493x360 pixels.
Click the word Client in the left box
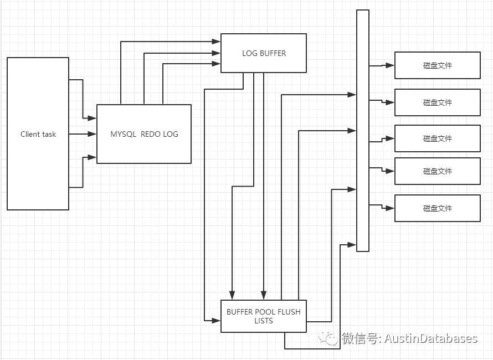(x=30, y=134)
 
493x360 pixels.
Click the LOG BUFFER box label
(x=264, y=54)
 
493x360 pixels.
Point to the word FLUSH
(x=288, y=312)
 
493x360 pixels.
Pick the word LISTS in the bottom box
(x=263, y=321)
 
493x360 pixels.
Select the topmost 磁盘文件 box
(x=437, y=65)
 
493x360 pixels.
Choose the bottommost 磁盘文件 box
(x=437, y=208)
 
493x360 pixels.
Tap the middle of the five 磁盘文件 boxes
(x=437, y=139)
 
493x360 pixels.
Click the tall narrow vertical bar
(x=362, y=130)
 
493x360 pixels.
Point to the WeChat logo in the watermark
(x=332, y=338)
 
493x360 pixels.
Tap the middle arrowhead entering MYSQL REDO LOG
(x=93, y=134)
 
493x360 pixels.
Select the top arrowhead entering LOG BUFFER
(x=217, y=42)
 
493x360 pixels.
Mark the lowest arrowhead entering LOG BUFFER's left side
(x=217, y=64)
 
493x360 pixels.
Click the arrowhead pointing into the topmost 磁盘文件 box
(x=391, y=65)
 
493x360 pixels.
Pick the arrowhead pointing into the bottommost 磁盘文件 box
(x=391, y=208)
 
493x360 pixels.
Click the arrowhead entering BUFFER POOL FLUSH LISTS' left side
(x=217, y=321)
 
